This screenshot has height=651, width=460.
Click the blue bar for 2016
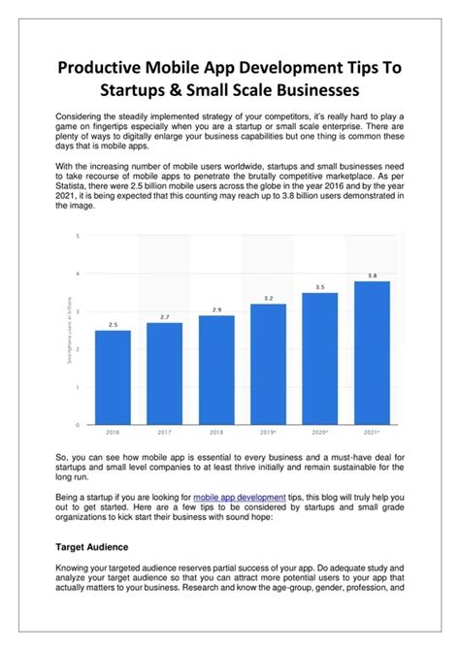click(x=113, y=376)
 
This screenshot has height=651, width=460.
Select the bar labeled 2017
click(x=165, y=373)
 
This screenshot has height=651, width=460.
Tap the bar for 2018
click(x=216, y=369)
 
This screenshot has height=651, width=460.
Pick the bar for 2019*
click(x=269, y=363)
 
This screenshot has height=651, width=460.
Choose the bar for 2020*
click(x=320, y=357)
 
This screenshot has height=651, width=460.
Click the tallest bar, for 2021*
click(x=372, y=351)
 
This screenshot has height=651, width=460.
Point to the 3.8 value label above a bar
click(x=372, y=275)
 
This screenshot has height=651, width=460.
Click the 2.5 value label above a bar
click(x=113, y=324)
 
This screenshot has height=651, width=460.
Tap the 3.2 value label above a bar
click(x=269, y=298)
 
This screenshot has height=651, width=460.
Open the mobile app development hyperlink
click(x=240, y=497)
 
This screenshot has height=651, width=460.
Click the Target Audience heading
click(x=89, y=547)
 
